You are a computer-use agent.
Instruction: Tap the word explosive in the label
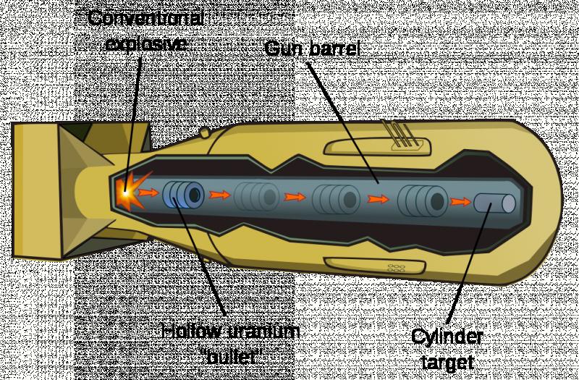(x=147, y=43)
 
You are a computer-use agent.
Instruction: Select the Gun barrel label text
(x=312, y=49)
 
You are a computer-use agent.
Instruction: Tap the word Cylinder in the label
(x=447, y=337)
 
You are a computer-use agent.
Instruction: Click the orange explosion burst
(x=126, y=193)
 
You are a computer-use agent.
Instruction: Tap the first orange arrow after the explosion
(x=150, y=193)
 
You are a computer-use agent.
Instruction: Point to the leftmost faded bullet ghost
(x=256, y=195)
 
